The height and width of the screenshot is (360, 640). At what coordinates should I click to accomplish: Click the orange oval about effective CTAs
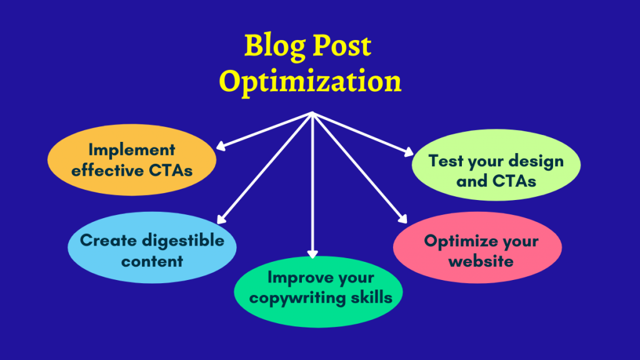[132, 160]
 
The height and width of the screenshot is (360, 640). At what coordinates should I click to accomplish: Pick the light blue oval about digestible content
[152, 250]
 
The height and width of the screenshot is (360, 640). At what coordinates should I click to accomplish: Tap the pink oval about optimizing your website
[477, 249]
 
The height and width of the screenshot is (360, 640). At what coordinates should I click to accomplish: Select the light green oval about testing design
[496, 171]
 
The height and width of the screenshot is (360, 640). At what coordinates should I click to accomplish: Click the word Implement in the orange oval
[132, 150]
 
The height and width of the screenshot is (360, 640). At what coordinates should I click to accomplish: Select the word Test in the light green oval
[446, 161]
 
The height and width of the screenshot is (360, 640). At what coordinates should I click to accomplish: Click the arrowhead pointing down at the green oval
[312, 254]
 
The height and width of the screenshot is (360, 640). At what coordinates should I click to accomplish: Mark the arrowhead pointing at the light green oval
[409, 152]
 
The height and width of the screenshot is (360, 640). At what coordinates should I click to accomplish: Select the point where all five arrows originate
[312, 114]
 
